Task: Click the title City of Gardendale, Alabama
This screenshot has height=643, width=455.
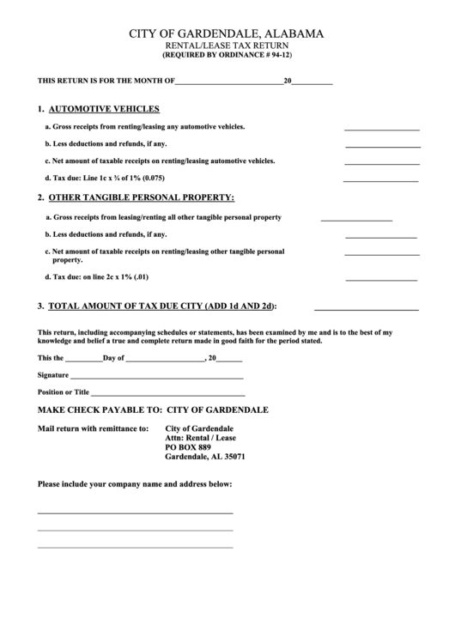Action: [x=227, y=33]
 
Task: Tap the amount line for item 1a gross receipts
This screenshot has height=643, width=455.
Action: [x=381, y=129]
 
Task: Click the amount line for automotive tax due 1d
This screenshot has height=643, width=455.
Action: [x=381, y=180]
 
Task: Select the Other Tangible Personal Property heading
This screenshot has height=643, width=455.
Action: [x=141, y=197]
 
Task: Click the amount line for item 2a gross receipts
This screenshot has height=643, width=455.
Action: [x=356, y=220]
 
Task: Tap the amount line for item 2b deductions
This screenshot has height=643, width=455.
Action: [x=381, y=236]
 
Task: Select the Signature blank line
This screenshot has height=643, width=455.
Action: [x=156, y=378]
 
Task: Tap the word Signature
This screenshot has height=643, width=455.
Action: [x=52, y=375]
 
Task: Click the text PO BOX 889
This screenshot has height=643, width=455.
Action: [x=187, y=447]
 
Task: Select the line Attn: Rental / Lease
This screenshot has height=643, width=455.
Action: [x=200, y=438]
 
